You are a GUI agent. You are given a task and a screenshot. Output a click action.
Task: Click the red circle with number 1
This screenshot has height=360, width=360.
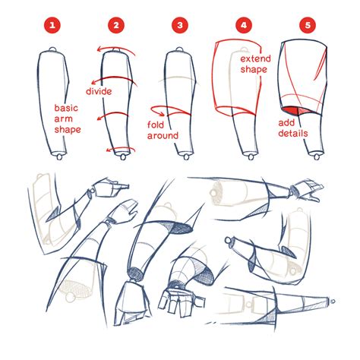click(52, 26)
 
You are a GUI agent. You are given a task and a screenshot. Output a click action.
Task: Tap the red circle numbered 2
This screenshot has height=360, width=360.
click(115, 26)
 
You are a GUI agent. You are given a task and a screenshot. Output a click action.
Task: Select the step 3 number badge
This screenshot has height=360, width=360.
click(179, 26)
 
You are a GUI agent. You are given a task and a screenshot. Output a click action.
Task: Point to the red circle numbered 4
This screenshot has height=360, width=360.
click(243, 26)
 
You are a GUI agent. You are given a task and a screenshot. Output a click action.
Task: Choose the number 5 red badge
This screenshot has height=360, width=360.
click(306, 26)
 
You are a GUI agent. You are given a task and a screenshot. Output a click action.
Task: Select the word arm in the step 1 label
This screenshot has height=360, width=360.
click(63, 118)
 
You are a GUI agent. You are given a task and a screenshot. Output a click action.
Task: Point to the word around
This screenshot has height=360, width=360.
click(164, 135)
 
